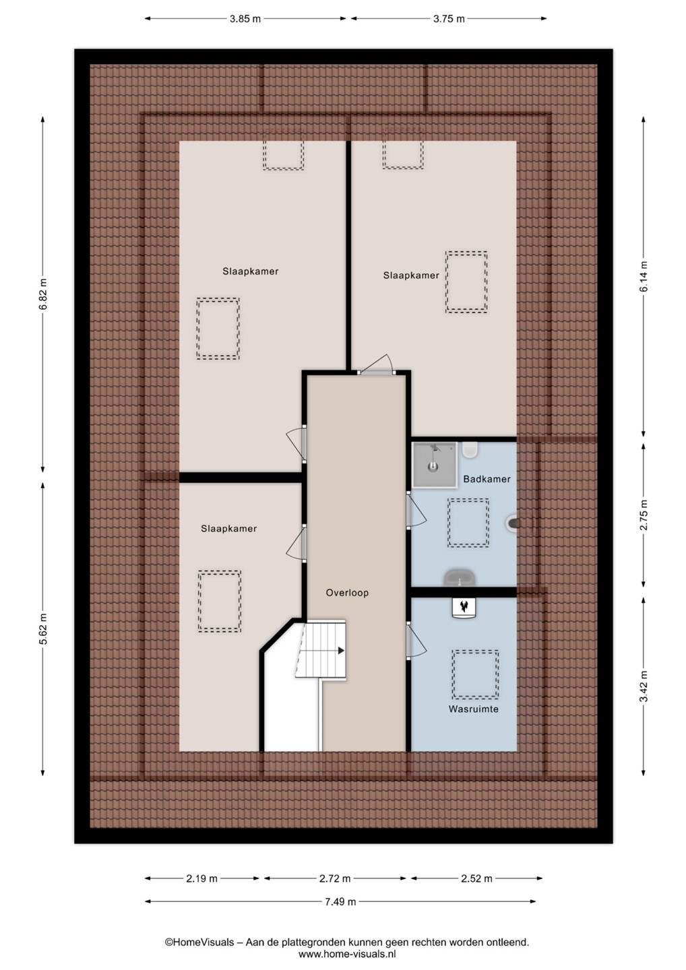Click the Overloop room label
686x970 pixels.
[x=347, y=593]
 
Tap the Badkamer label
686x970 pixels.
[x=487, y=479]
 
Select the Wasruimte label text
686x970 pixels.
[x=473, y=709]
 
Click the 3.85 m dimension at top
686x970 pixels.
[x=245, y=19]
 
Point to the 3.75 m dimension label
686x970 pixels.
[x=449, y=19]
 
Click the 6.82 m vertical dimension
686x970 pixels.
[x=43, y=294]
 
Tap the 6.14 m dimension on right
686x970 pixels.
[x=644, y=276]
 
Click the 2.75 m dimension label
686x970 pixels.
[x=644, y=515]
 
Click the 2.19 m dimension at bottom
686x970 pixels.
[x=201, y=878]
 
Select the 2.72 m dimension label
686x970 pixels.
[x=334, y=878]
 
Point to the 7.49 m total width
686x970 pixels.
[x=340, y=901]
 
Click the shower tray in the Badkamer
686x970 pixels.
[x=435, y=464]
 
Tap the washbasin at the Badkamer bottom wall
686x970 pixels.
[x=460, y=578]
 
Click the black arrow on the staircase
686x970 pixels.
[x=341, y=651]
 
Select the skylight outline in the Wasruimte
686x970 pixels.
[x=475, y=674]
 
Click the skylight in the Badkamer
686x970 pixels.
[x=468, y=522]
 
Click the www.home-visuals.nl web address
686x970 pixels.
[x=347, y=953]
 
